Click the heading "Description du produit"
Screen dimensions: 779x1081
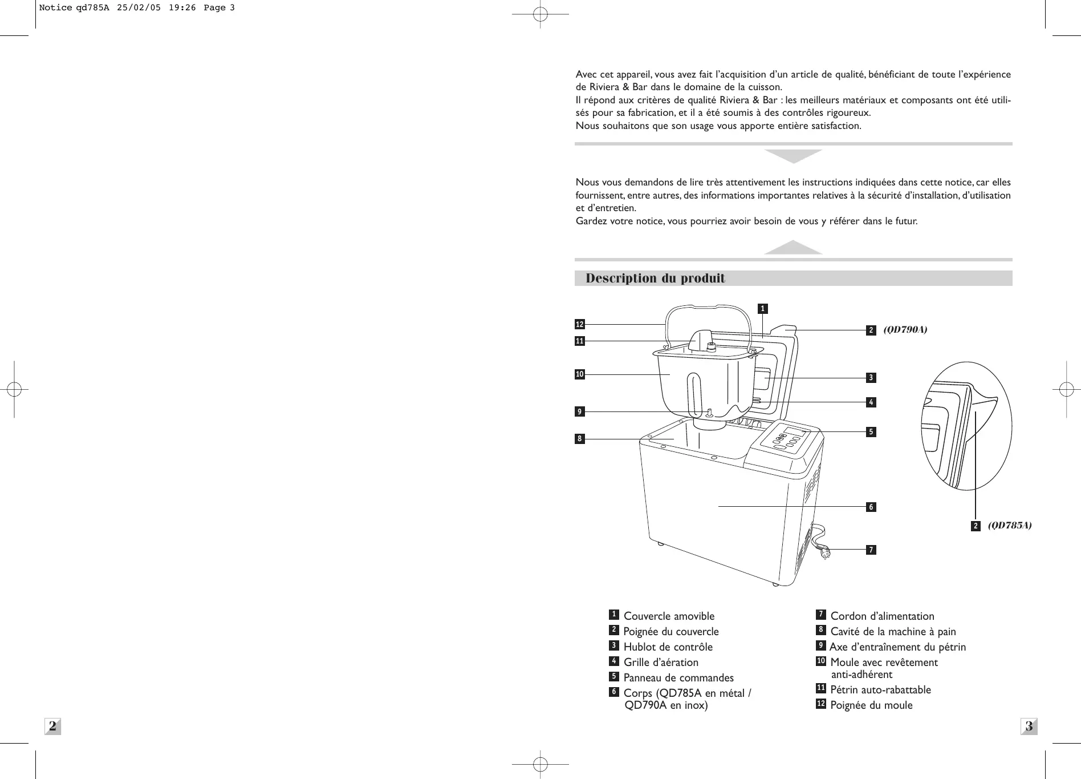pos(655,278)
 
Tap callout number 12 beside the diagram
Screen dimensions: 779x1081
pos(580,325)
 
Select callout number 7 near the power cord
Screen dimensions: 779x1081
pos(871,550)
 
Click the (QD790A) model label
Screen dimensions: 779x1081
pos(905,330)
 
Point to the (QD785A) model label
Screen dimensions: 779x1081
pos(1010,526)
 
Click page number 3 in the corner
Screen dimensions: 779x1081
pos(1029,726)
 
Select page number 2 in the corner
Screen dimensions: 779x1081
pos(52,726)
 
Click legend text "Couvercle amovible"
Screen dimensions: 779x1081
pos(669,616)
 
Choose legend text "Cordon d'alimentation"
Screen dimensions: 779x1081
pos(882,616)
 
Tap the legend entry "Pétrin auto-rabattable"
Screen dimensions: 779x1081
pos(880,690)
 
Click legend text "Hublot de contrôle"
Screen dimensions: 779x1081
pos(668,647)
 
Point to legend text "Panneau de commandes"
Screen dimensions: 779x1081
pos(678,678)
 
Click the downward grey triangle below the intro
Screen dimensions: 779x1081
pos(793,155)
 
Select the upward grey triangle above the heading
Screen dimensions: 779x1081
pos(793,248)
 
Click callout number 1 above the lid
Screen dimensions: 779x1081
pos(762,309)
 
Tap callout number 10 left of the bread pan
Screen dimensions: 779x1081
pos(580,375)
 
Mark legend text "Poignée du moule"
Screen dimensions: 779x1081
pos(871,705)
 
